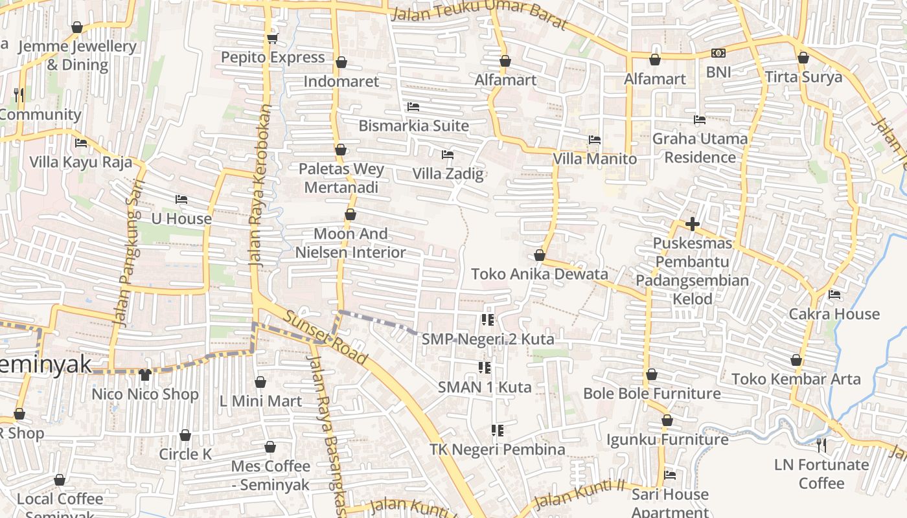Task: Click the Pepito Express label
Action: coord(273,58)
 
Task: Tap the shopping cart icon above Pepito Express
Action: coord(273,38)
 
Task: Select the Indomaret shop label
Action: coord(341,82)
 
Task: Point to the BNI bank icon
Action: coord(718,53)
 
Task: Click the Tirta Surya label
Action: coord(803,77)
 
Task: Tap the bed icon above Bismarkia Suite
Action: coord(413,106)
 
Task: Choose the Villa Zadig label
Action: coord(448,174)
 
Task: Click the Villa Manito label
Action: coord(595,159)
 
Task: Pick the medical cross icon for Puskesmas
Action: coord(692,225)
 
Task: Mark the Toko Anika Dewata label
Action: coord(540,274)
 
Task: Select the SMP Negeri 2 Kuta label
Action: coord(488,339)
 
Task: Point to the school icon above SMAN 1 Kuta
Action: coord(485,368)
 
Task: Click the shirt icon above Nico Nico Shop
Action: coord(144,375)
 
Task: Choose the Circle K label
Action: coord(185,454)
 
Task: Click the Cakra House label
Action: coord(834,314)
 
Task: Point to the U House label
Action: coord(181,219)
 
